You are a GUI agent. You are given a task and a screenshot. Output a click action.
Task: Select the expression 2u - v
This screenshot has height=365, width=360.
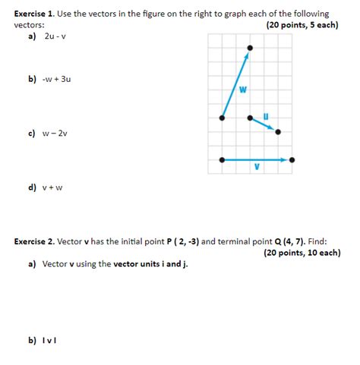pyautogui.click(x=55, y=36)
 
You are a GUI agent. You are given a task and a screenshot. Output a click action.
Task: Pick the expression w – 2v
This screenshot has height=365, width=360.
pyautogui.click(x=55, y=133)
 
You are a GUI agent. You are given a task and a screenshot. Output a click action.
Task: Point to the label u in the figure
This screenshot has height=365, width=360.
pyautogui.click(x=265, y=115)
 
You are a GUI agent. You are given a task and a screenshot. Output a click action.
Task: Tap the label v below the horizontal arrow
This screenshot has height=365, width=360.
pyautogui.click(x=257, y=168)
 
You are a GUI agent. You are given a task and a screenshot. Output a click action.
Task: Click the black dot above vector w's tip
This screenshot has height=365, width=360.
pyautogui.click(x=250, y=47)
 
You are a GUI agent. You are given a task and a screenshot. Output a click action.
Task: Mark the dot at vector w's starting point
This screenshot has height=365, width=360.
pyautogui.click(x=222, y=118)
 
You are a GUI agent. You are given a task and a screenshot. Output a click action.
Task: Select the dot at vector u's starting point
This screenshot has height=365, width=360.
pyautogui.click(x=250, y=118)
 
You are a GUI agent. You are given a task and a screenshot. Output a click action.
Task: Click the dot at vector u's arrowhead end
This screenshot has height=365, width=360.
pyautogui.click(x=277, y=132)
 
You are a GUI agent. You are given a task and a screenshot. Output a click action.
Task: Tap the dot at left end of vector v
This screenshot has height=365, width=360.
pyautogui.click(x=222, y=160)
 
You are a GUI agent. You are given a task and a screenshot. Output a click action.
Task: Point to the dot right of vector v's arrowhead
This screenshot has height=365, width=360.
pyautogui.click(x=292, y=160)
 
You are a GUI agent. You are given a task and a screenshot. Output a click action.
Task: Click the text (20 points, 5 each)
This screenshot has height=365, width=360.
pyautogui.click(x=302, y=25)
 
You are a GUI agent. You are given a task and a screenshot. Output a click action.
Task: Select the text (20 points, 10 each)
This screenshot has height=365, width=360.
pyautogui.click(x=302, y=253)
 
